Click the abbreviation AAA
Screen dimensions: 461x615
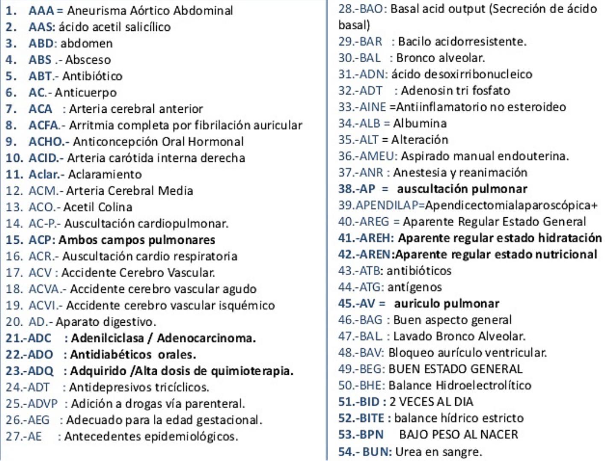pyautogui.click(x=41, y=10)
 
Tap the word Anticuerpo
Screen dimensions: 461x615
pyautogui.click(x=85, y=92)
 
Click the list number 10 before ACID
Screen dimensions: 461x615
pyautogui.click(x=14, y=158)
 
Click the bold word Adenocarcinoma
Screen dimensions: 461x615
pyautogui.click(x=206, y=338)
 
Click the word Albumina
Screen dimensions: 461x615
pyautogui.click(x=420, y=123)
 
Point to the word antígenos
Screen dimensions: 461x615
pyautogui.click(x=414, y=287)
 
